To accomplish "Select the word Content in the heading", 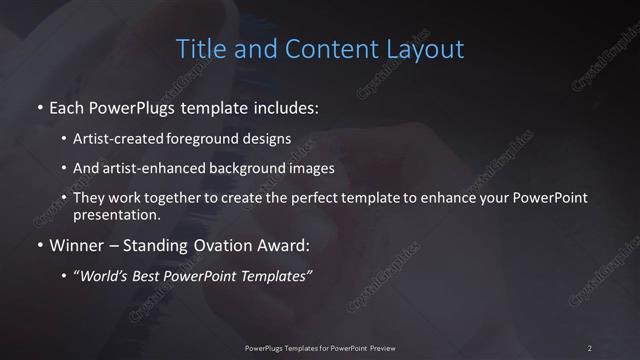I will pos(319,48).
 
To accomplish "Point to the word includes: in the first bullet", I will pos(285,105).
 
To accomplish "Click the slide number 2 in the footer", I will pos(590,347).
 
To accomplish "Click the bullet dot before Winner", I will pos(39,245).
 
